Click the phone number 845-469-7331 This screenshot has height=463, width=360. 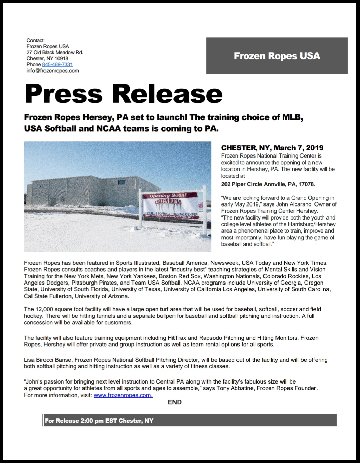(57, 64)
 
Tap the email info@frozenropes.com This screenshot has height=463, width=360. (53, 71)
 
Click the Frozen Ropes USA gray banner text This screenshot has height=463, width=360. (277, 56)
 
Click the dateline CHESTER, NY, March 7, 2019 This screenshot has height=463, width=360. (272, 148)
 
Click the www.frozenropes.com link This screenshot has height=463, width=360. (123, 395)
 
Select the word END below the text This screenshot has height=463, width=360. (175, 402)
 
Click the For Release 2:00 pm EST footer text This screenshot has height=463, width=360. (99, 421)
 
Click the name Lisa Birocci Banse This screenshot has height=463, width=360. (48, 360)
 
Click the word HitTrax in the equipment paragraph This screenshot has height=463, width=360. (177, 338)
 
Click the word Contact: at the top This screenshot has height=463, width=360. (36, 40)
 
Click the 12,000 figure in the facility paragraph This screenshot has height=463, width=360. (44, 309)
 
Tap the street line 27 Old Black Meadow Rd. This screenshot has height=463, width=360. (55, 52)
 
